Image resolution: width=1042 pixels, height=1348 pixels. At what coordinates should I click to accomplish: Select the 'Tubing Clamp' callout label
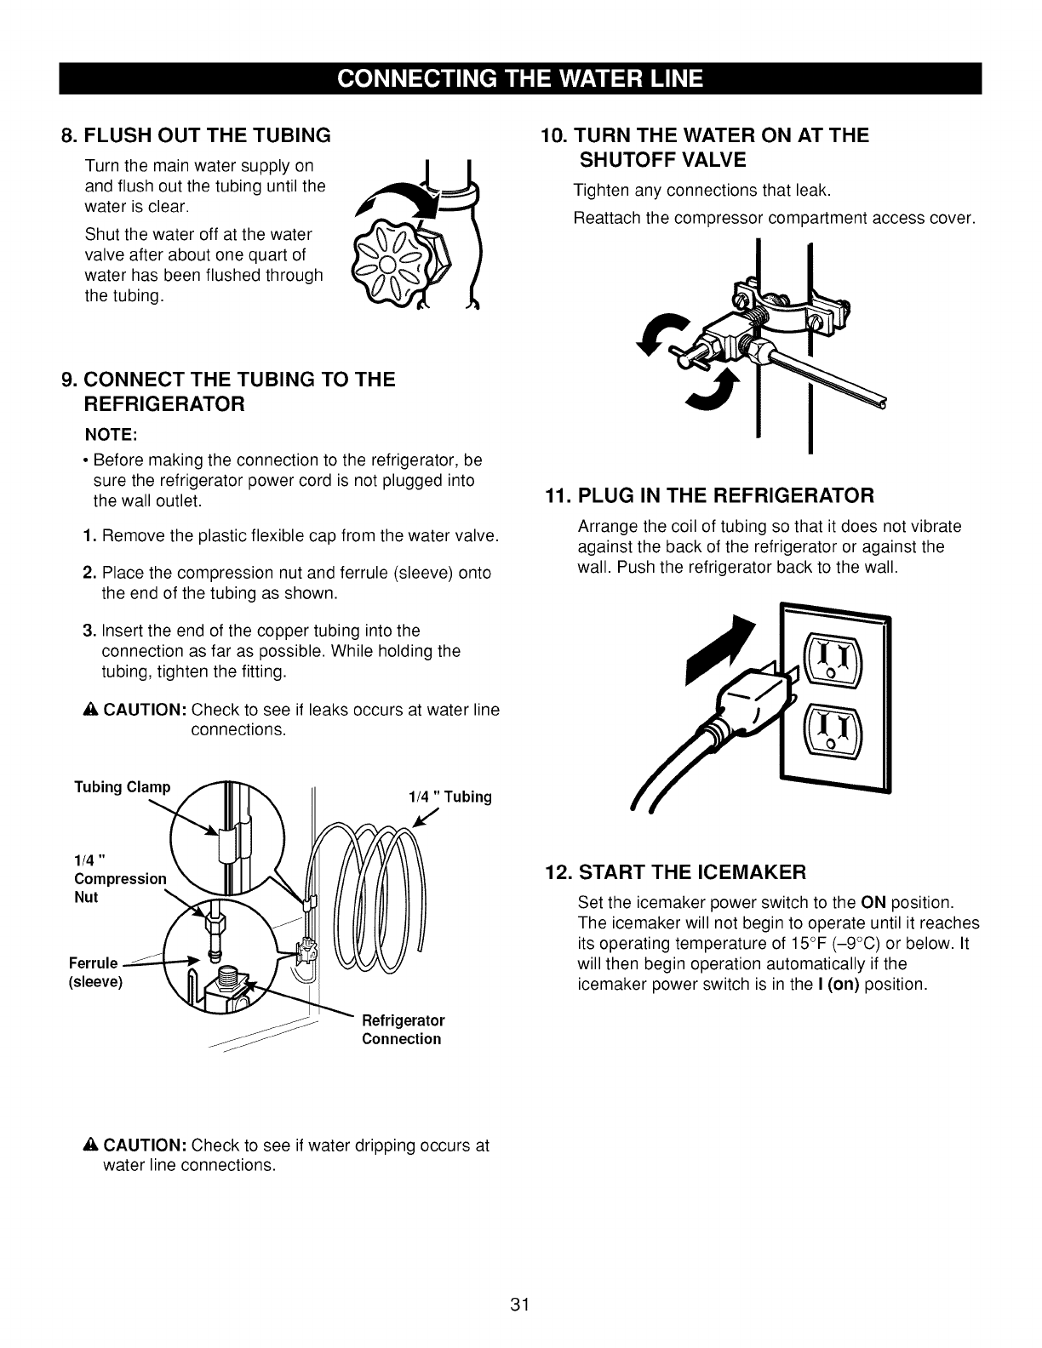(x=123, y=786)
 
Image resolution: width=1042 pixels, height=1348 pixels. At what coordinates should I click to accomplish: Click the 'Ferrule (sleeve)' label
(x=95, y=973)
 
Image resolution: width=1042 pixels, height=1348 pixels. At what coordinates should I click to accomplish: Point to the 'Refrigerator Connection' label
(x=403, y=1029)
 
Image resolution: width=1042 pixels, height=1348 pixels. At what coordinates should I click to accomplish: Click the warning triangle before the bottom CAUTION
(x=94, y=1145)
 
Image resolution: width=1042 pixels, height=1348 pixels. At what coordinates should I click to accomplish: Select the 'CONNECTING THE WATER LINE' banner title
(x=520, y=78)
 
